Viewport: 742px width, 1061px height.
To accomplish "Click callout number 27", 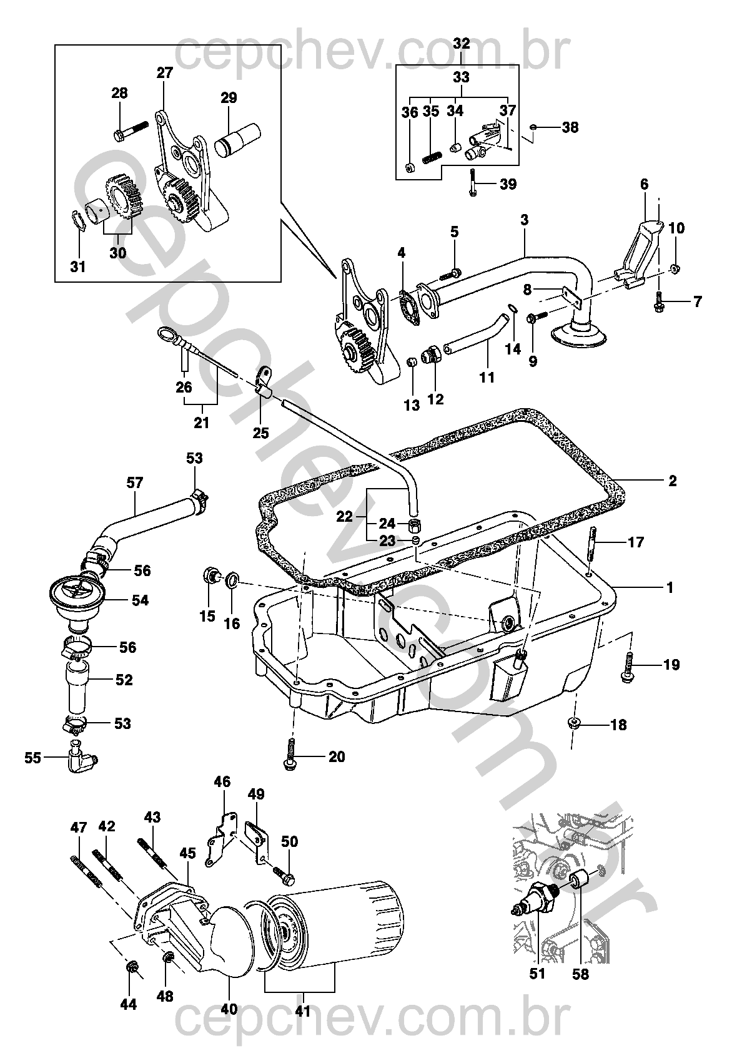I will pyautogui.click(x=164, y=72).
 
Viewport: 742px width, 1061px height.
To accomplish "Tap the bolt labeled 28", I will pyautogui.click(x=132, y=130).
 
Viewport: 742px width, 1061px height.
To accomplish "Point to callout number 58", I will pyautogui.click(x=580, y=974).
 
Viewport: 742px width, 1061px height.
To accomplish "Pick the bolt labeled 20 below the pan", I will pyautogui.click(x=290, y=756).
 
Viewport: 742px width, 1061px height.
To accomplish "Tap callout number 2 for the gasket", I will pyautogui.click(x=672, y=481).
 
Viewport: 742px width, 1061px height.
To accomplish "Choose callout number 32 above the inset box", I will pyautogui.click(x=461, y=44).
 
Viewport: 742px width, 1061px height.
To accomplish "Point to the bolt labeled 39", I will pyautogui.click(x=473, y=183).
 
